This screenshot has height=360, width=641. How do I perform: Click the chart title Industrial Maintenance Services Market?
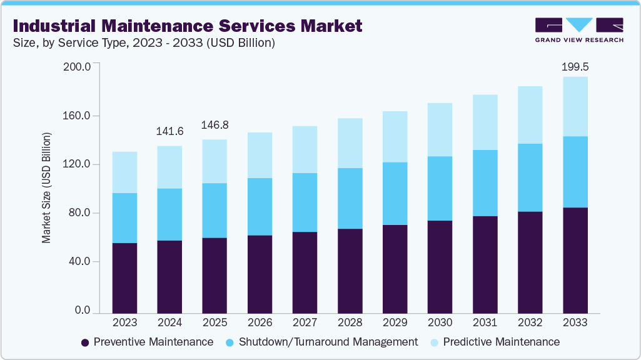[x=187, y=26]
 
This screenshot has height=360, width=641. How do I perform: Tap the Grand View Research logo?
[x=579, y=30]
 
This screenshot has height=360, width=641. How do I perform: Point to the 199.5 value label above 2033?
[x=575, y=66]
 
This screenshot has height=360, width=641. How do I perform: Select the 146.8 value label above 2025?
[x=215, y=125]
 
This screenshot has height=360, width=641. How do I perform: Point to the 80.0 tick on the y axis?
[x=80, y=213]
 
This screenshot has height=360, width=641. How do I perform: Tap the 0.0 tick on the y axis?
[x=83, y=311]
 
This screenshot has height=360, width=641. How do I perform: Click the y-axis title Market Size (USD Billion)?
[x=47, y=187]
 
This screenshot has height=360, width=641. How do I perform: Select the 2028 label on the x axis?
[x=350, y=322]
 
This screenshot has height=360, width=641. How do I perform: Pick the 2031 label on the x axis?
[x=485, y=322]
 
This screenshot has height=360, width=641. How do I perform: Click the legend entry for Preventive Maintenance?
[x=148, y=342]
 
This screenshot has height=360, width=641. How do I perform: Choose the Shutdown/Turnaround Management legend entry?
[x=321, y=342]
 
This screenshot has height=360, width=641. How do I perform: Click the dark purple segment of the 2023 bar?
[x=124, y=277]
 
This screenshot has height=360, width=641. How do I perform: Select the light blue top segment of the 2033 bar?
[x=575, y=106]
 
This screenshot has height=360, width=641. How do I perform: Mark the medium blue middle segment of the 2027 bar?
[x=305, y=202]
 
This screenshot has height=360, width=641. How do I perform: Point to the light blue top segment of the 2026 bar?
[x=260, y=155]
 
